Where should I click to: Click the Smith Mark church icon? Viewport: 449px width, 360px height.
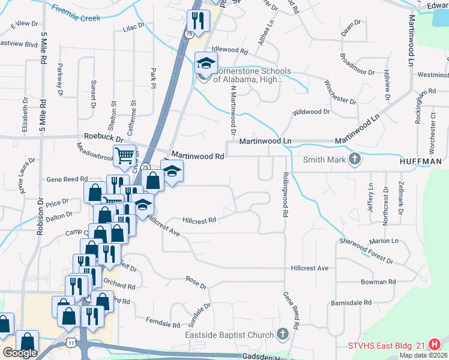point(355,159)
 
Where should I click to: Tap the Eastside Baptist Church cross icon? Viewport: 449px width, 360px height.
point(284,334)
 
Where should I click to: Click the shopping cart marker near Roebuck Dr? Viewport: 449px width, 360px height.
point(124,155)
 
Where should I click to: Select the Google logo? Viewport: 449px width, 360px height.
point(20,353)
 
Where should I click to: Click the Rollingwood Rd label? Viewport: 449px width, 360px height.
point(286,195)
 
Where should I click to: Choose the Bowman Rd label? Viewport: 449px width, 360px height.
point(378,281)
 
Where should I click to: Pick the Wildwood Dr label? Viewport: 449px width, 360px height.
point(311,112)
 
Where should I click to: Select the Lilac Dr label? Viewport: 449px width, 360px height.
point(134,27)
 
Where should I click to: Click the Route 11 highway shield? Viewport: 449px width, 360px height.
point(71,342)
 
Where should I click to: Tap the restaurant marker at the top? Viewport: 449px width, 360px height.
point(197,20)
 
